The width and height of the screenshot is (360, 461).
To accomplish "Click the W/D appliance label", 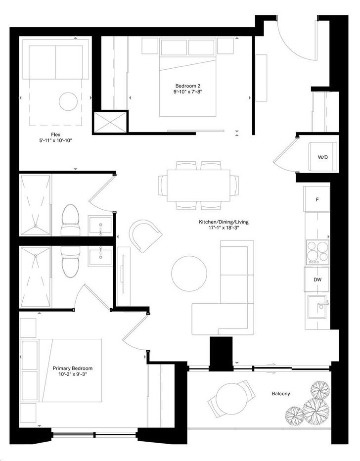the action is (322, 157).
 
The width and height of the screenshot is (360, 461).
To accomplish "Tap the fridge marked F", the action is (317, 199).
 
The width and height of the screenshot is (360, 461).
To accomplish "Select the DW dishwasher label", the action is (317, 279).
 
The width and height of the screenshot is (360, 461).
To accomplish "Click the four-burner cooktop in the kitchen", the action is (317, 252).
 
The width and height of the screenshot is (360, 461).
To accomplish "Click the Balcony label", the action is (281, 393).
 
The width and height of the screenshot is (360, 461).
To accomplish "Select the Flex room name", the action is (55, 135).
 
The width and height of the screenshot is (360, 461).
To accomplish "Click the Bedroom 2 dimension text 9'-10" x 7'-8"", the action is (188, 92).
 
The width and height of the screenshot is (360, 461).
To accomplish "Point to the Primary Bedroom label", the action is (72, 369).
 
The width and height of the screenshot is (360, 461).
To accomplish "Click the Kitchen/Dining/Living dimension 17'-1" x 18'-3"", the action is (224, 228).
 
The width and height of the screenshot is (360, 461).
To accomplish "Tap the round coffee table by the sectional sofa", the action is (189, 273).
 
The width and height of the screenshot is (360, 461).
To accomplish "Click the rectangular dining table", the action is (198, 185).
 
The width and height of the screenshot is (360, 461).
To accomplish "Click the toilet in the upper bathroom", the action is (71, 220).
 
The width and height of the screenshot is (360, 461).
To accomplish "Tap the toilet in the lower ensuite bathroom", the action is (71, 262).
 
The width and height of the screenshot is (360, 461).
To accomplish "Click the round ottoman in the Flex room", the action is (68, 101).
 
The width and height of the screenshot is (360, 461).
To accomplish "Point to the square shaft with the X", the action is (110, 122).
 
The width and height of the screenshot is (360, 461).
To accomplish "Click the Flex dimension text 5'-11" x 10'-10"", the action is (55, 140).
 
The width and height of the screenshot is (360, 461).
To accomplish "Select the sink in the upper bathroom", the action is (100, 226).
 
